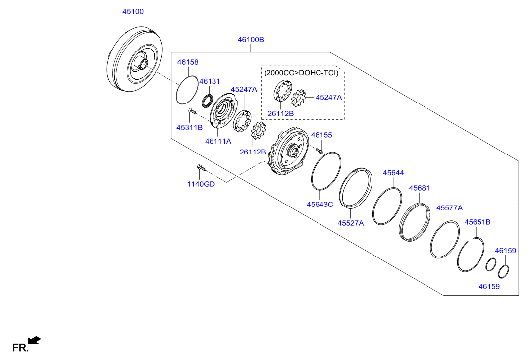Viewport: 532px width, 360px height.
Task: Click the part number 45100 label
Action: tap(133, 11)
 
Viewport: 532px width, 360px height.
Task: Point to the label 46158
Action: tap(188, 62)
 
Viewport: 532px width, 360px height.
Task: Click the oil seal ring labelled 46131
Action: tap(207, 100)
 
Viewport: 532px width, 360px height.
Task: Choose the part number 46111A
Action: tap(218, 141)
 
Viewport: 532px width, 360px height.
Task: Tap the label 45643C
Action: tap(319, 204)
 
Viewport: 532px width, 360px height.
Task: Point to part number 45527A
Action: tap(351, 223)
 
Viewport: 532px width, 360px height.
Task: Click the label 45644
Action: tap(393, 173)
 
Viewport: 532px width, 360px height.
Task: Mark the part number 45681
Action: tap(419, 188)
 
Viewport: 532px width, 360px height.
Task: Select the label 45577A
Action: tap(449, 208)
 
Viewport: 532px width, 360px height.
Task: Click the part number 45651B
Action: tap(478, 222)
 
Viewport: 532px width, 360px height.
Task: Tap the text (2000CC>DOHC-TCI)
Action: tap(301, 73)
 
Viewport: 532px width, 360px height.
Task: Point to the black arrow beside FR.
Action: tap(34, 340)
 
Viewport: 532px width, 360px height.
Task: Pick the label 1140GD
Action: tap(201, 184)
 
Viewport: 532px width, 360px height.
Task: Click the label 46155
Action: tap(321, 135)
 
